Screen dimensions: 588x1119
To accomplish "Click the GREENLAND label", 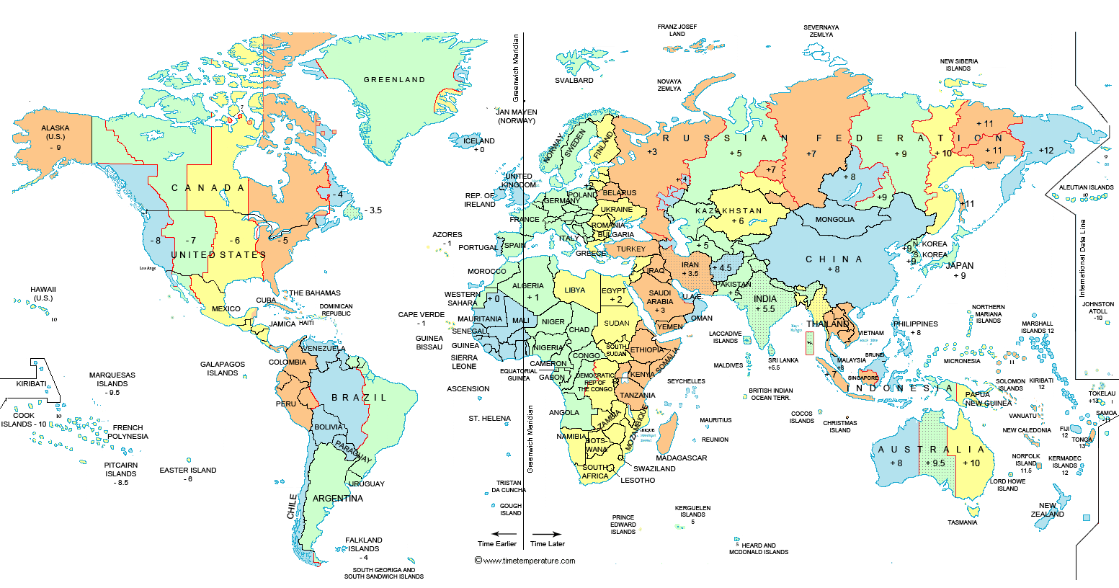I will pyautogui.click(x=394, y=80).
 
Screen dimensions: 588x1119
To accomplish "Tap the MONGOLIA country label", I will pyautogui.click(x=834, y=220).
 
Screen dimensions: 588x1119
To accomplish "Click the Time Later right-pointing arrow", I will pyautogui.click(x=547, y=534).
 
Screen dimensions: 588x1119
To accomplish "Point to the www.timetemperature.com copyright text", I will pyautogui.click(x=525, y=561).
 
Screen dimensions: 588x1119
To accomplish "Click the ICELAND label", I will pyautogui.click(x=479, y=141).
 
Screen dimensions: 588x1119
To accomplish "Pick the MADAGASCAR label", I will pyautogui.click(x=681, y=458).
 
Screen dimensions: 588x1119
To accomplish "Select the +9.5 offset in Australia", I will pyautogui.click(x=935, y=463).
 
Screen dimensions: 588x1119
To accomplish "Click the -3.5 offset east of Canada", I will pyautogui.click(x=373, y=210).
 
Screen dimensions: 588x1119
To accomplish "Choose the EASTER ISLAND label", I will pyautogui.click(x=188, y=471).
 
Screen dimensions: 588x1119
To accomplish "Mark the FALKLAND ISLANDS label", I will pyautogui.click(x=364, y=544).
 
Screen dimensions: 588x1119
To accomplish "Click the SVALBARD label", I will pyautogui.click(x=574, y=81).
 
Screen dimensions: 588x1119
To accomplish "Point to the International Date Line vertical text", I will pyautogui.click(x=1082, y=258).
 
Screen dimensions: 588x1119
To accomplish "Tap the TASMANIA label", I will pyautogui.click(x=962, y=522).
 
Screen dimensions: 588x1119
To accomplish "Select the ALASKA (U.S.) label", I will pyautogui.click(x=55, y=133).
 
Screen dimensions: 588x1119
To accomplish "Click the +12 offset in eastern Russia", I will pyautogui.click(x=1046, y=151).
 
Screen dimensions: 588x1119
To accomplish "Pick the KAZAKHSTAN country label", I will pyautogui.click(x=728, y=211).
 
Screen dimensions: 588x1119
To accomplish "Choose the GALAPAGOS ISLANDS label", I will pyautogui.click(x=223, y=369).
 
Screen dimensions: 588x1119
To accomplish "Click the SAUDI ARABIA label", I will pyautogui.click(x=660, y=298).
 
